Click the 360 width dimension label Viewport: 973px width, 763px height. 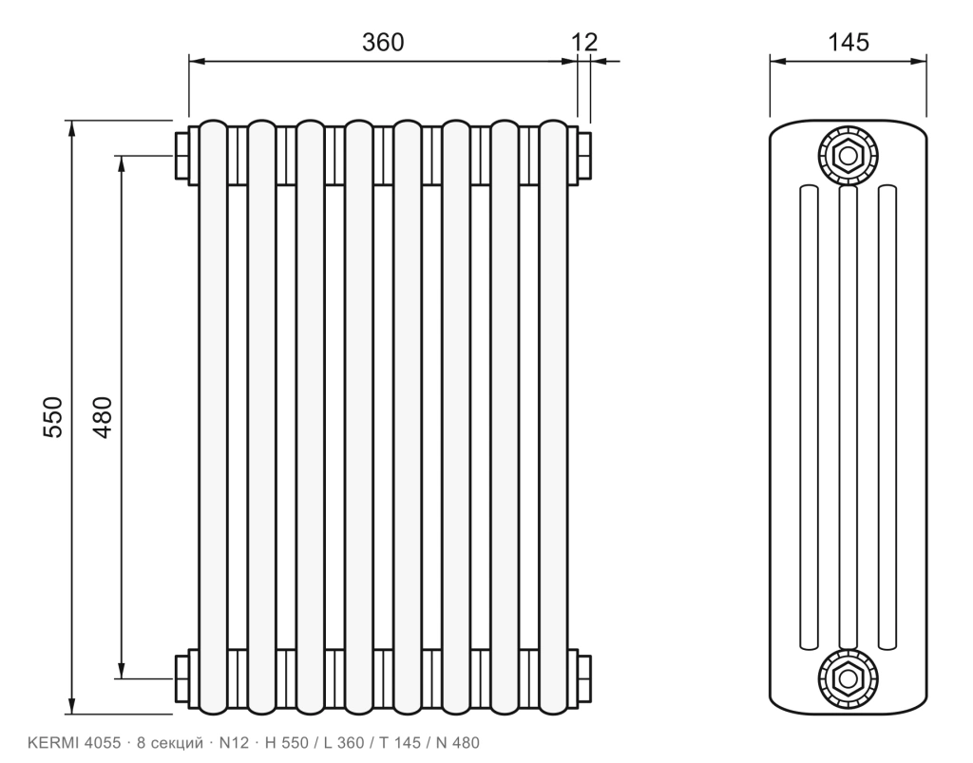click(383, 42)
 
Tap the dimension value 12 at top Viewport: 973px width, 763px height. click(584, 42)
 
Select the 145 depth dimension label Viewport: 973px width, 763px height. click(849, 42)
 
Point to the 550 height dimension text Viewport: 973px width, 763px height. click(53, 417)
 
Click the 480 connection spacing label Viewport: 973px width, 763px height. click(102, 417)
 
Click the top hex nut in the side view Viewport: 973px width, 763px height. click(848, 155)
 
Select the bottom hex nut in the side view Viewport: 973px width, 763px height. click(848, 678)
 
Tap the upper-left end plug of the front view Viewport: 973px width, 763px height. click(182, 155)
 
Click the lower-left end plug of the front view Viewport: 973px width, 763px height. click(182, 678)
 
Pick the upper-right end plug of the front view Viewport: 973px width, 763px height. click(584, 155)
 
